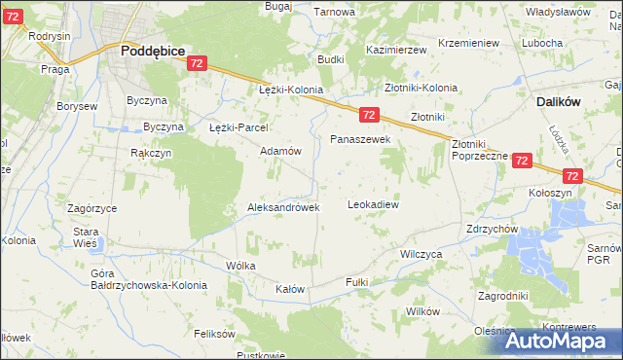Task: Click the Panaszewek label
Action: point(360,140)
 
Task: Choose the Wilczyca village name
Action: point(421,252)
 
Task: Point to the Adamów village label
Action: point(281,152)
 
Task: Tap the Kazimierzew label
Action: point(398,49)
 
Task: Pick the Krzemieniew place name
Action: point(468,44)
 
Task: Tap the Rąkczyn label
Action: point(151,153)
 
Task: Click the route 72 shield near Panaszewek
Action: point(368,114)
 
